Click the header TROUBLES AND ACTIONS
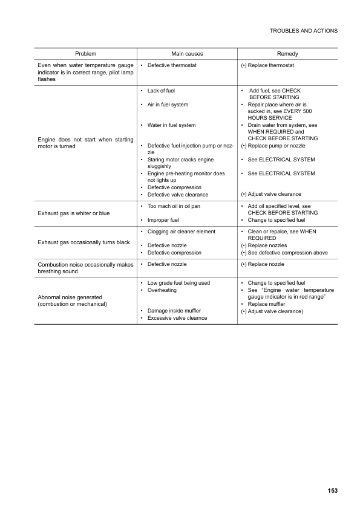tap(304, 30)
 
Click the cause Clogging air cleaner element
tap(181, 232)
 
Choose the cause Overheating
tap(162, 290)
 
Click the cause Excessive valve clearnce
tap(177, 318)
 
